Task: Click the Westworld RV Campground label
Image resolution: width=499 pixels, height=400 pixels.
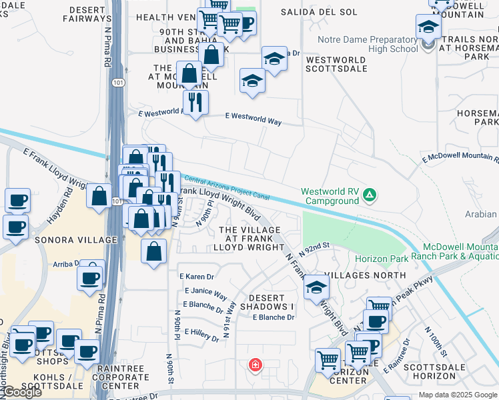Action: click(x=330, y=195)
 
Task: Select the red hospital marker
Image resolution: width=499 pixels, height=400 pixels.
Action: click(x=255, y=365)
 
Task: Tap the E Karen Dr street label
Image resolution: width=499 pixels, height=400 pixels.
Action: click(x=196, y=276)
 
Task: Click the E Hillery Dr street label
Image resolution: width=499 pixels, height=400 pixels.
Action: click(x=202, y=334)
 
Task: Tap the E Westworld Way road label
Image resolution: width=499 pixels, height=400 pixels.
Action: click(x=253, y=119)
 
